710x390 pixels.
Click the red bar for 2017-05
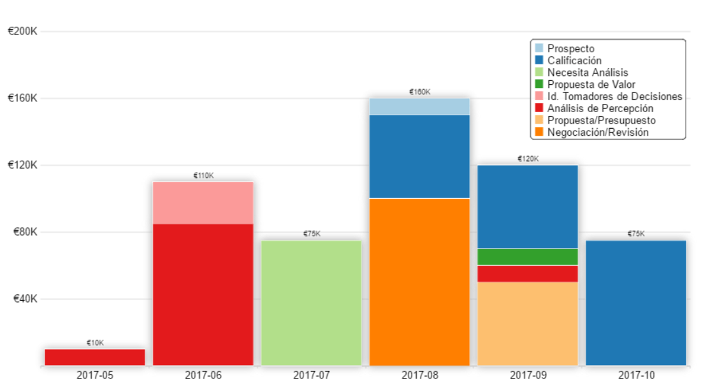(x=95, y=357)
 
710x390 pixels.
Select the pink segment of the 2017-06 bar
(x=203, y=203)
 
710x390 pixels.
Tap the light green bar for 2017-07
(x=312, y=303)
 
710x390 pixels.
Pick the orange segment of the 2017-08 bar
(x=419, y=282)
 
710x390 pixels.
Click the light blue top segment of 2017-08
(x=419, y=106)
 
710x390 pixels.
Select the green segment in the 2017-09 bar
(x=528, y=257)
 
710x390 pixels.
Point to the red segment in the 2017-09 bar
(x=528, y=273)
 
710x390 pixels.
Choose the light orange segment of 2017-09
(x=528, y=323)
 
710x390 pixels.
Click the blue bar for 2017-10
(x=635, y=303)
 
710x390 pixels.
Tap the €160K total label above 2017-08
(x=419, y=92)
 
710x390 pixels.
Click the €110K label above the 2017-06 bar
(x=203, y=175)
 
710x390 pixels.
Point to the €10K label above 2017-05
(x=95, y=343)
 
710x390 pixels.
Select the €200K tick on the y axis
(x=23, y=31)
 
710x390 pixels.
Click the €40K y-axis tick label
(x=23, y=299)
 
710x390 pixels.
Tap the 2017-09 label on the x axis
(x=528, y=375)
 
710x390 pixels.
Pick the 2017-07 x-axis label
(x=312, y=375)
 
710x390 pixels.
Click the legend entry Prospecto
(x=570, y=48)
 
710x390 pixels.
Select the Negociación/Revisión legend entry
(x=597, y=133)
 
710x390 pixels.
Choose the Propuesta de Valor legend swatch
(x=539, y=84)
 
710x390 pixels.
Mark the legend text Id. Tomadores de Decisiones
(x=614, y=96)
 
